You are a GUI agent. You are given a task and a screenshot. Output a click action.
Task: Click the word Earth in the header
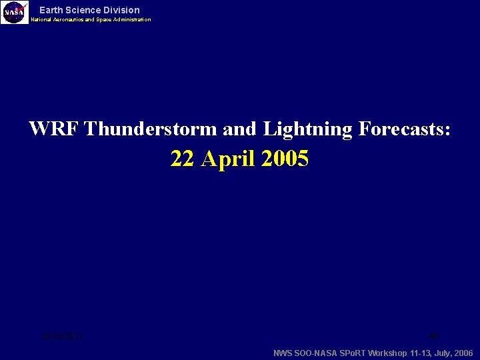click(x=51, y=10)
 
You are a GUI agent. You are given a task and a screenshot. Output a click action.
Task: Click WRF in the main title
click(x=54, y=129)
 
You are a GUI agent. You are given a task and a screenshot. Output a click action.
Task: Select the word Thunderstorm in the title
click(x=151, y=129)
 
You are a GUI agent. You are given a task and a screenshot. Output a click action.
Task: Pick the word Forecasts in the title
click(x=404, y=129)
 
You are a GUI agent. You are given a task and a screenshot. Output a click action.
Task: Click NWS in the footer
click(x=283, y=353)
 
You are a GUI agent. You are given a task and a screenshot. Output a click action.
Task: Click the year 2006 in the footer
click(x=462, y=353)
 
